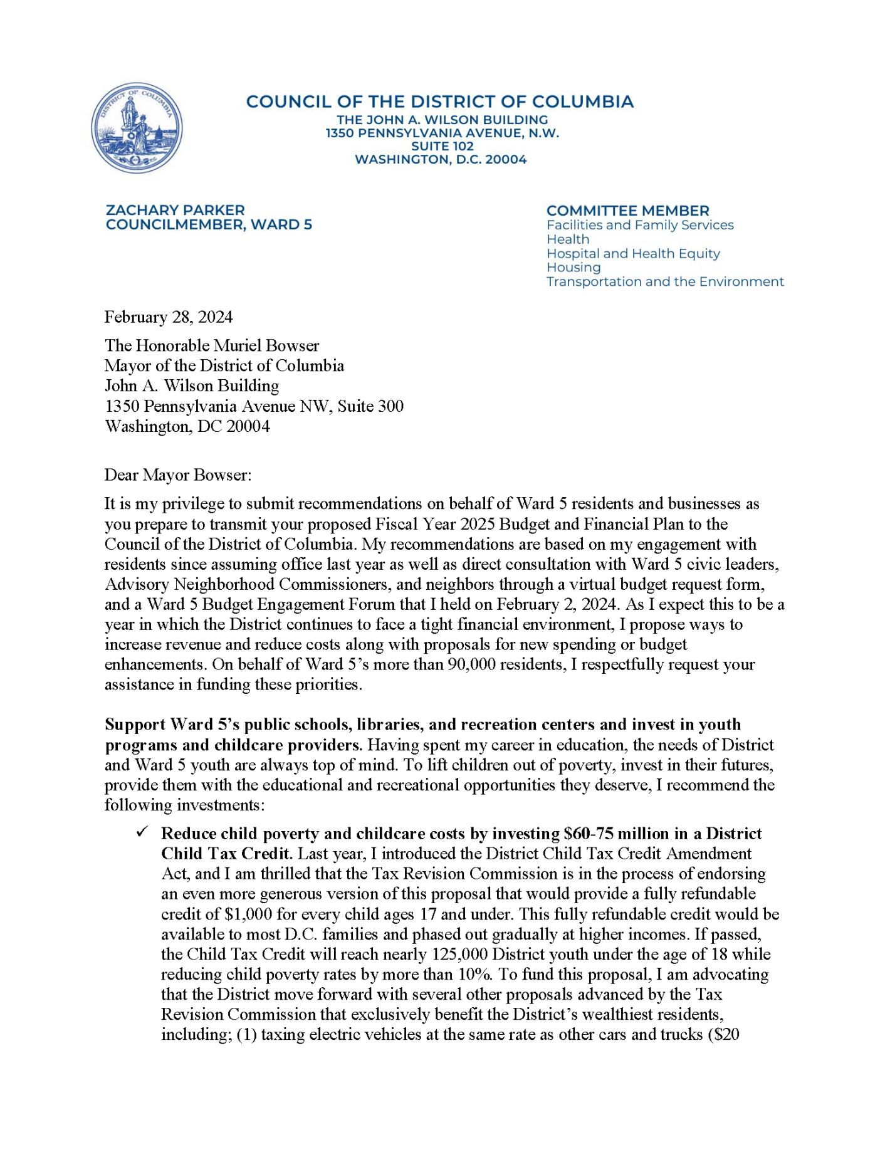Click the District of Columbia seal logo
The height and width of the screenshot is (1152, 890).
(x=137, y=128)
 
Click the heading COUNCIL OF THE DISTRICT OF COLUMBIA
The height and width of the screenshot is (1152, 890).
(x=439, y=102)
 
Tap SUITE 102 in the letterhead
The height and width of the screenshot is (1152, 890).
(x=442, y=146)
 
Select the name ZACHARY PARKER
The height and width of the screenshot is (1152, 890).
(x=175, y=210)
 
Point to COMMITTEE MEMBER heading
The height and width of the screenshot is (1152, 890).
(x=627, y=211)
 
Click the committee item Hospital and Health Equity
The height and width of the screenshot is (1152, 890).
(x=633, y=253)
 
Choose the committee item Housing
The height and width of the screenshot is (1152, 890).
(x=573, y=268)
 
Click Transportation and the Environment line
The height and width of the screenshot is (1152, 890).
(x=664, y=281)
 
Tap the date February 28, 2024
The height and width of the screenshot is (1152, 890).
(x=168, y=317)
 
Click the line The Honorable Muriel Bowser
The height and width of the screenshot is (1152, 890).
(x=211, y=345)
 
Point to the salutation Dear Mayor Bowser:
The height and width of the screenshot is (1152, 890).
(x=177, y=474)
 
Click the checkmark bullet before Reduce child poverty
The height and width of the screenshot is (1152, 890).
(x=142, y=832)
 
